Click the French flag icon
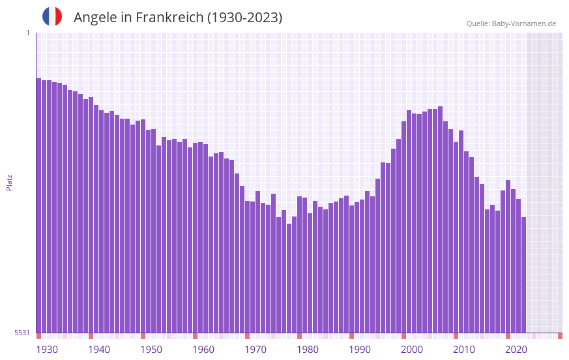[52, 16]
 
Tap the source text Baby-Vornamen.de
[524, 23]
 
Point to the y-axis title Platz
[9, 182]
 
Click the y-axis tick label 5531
[22, 333]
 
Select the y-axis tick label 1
[27, 33]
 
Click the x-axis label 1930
[47, 350]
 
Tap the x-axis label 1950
[151, 350]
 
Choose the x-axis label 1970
[255, 350]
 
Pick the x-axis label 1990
[360, 350]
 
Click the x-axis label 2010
[464, 350]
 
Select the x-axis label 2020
[516, 350]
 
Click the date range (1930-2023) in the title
[244, 18]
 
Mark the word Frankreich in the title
[169, 18]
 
